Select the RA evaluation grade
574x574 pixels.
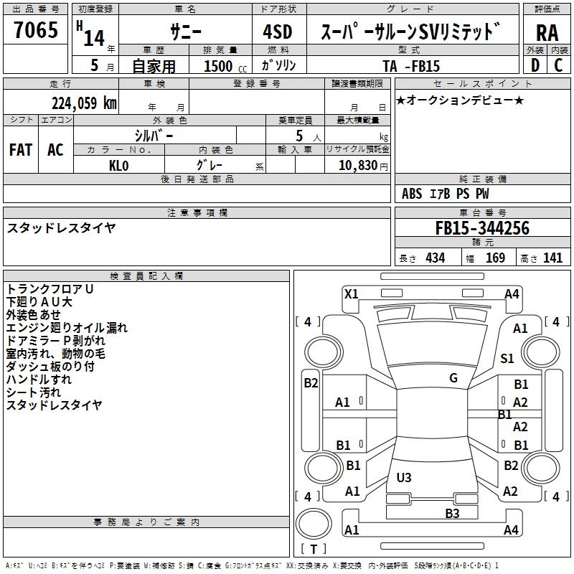[547, 32]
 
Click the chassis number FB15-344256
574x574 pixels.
[482, 229]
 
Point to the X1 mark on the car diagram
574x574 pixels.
[352, 293]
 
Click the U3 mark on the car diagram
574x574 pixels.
[404, 477]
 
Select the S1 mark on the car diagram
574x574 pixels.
[507, 359]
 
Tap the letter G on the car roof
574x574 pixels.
[453, 378]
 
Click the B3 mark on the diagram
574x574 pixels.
[452, 513]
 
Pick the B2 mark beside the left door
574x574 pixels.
[311, 383]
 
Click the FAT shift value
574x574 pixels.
[21, 150]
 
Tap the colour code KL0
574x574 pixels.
[118, 165]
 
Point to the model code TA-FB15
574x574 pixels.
[411, 66]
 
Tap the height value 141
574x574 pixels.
[553, 258]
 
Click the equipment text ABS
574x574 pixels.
[412, 194]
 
